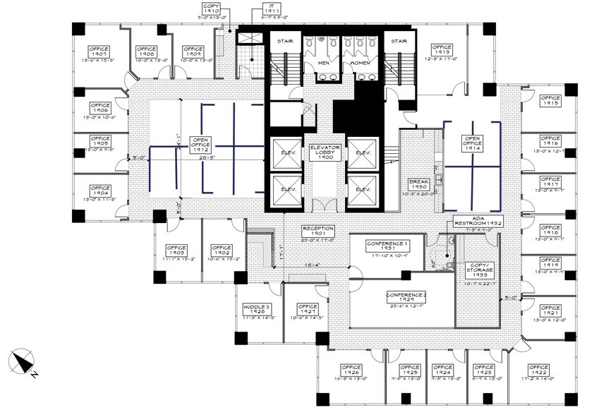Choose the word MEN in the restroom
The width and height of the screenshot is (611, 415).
click(323, 64)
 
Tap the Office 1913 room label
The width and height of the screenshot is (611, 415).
click(442, 51)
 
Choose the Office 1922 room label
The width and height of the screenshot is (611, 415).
click(538, 371)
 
